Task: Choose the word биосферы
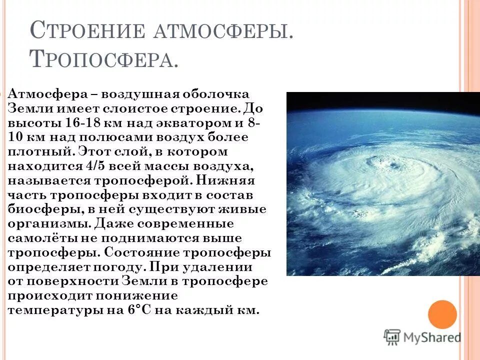38,209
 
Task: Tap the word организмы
49,223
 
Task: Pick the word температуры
55,310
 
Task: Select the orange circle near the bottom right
442,314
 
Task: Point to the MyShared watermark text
432,337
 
